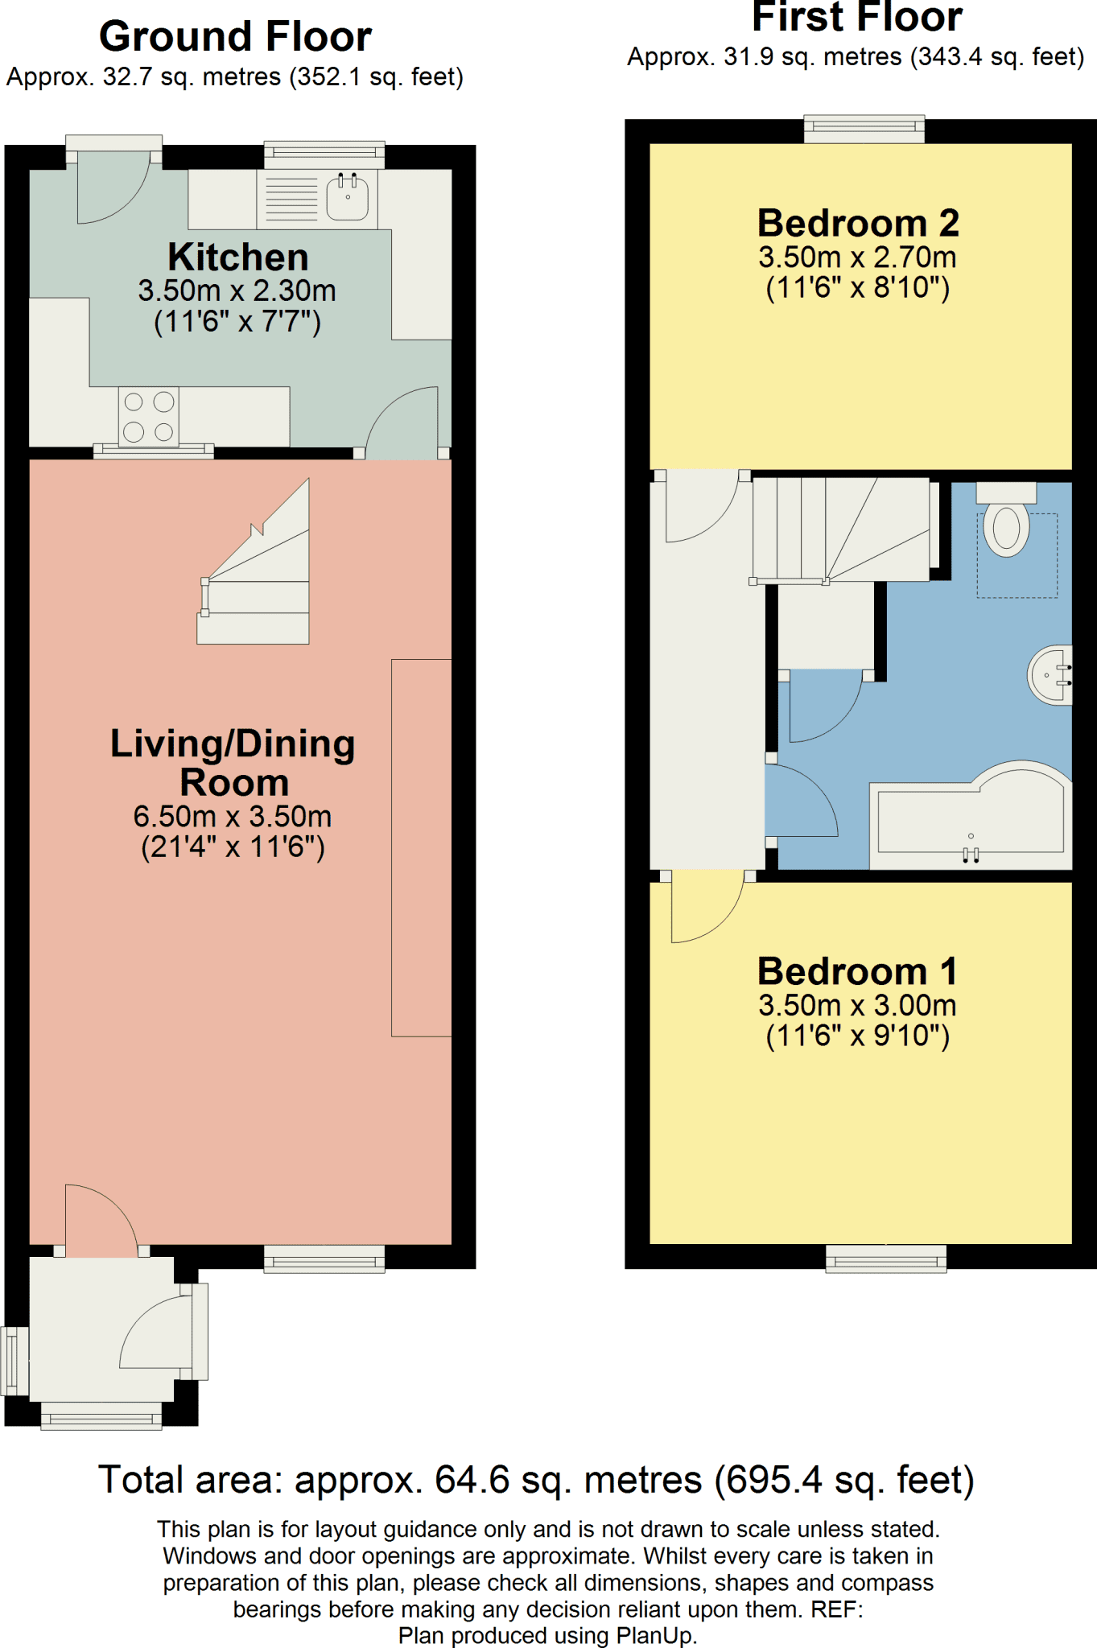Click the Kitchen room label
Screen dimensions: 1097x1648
pyautogui.click(x=238, y=257)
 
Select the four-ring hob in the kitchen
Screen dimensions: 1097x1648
pyautogui.click(x=149, y=416)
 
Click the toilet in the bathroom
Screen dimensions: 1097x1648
pyautogui.click(x=1006, y=520)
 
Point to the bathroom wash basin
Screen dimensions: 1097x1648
pyautogui.click(x=1050, y=674)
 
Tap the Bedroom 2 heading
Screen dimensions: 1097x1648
pyautogui.click(x=858, y=223)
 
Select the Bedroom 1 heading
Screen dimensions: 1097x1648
pyautogui.click(x=858, y=971)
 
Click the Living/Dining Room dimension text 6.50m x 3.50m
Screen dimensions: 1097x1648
pyautogui.click(x=233, y=817)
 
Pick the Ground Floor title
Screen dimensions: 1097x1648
pyautogui.click(x=235, y=36)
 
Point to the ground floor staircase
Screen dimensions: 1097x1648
pyautogui.click(x=254, y=562)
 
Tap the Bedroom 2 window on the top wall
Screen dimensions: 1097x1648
pyautogui.click(x=864, y=129)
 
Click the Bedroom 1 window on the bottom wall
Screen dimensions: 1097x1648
pyautogui.click(x=886, y=1259)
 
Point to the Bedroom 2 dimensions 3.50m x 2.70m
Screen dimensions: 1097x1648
pyautogui.click(x=858, y=257)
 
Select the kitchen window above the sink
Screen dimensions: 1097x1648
pyautogui.click(x=324, y=155)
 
